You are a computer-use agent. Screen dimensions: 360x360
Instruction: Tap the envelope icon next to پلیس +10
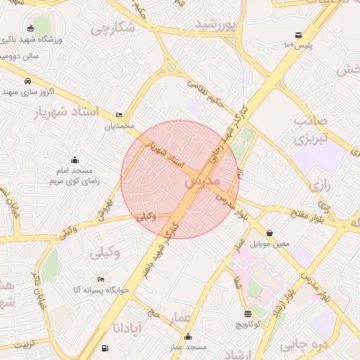[298, 34]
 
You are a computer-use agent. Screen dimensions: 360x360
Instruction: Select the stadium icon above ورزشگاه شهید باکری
[30, 29]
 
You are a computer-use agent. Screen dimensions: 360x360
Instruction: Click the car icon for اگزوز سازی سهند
[27, 81]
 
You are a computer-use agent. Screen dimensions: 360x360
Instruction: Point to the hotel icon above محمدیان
[119, 115]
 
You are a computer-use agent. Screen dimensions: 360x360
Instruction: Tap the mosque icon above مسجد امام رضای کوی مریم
[75, 160]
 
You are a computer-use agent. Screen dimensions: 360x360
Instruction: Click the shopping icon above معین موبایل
[270, 233]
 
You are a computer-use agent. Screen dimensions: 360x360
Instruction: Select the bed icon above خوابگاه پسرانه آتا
[101, 279]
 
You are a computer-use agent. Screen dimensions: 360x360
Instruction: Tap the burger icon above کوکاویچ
[247, 314]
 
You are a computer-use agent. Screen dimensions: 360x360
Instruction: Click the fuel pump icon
[105, 348]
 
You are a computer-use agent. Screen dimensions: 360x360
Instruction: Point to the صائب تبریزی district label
[310, 129]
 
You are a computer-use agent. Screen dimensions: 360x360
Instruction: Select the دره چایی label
[304, 345]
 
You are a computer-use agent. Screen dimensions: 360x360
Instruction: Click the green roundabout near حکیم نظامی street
[170, 67]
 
